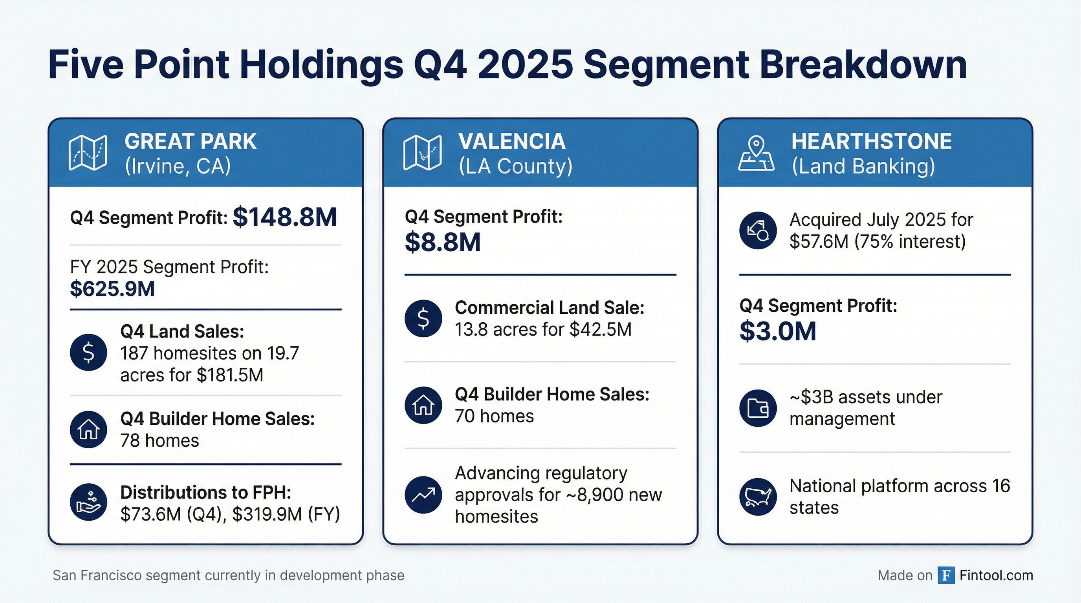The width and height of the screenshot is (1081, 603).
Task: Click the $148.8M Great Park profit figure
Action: click(x=284, y=217)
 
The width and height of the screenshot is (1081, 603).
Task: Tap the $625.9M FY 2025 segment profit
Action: click(x=112, y=289)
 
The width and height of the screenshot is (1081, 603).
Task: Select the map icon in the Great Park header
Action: click(x=88, y=153)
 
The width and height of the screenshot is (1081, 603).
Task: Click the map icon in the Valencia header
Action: click(x=422, y=153)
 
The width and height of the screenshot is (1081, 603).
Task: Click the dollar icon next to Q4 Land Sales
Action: click(x=88, y=352)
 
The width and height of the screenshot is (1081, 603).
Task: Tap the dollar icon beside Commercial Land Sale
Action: click(x=423, y=318)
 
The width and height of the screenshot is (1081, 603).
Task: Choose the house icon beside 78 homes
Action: click(x=88, y=429)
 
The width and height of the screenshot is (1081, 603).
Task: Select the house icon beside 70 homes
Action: click(x=423, y=405)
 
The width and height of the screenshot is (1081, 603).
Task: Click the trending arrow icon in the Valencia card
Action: click(x=423, y=495)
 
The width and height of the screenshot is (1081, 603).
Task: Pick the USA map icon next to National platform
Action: click(x=758, y=497)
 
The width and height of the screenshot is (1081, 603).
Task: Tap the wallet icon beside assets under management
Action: click(x=758, y=408)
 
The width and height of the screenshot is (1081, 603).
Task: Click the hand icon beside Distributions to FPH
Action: click(x=88, y=502)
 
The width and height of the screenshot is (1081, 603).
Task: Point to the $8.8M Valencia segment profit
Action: click(x=442, y=243)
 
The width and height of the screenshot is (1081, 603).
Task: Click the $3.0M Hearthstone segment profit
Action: click(x=778, y=331)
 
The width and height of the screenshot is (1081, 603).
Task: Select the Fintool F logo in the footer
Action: click(x=946, y=576)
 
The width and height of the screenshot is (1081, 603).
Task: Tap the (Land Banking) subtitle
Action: click(x=863, y=166)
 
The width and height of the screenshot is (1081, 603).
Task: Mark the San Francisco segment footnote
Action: click(x=228, y=576)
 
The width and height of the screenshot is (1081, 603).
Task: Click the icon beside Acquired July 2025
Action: click(x=758, y=230)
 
